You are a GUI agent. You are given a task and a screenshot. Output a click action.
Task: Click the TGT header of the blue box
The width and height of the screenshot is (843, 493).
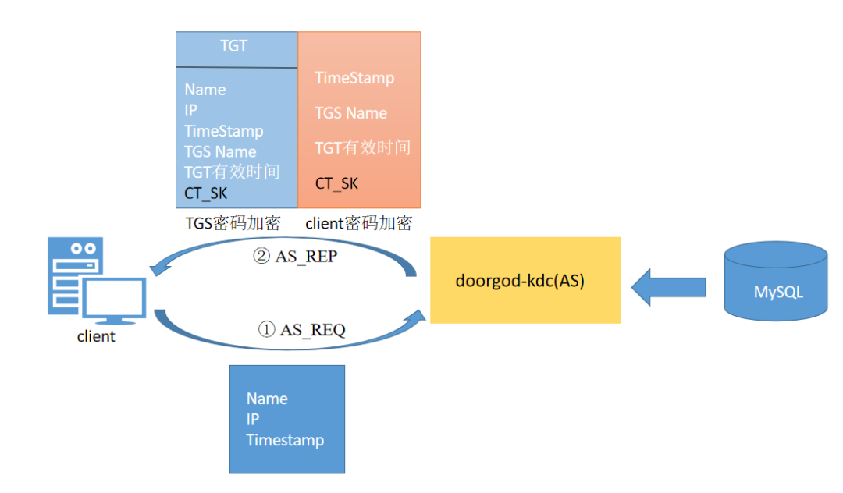click(234, 46)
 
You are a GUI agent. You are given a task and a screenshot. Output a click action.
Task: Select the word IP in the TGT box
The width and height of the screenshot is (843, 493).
click(191, 110)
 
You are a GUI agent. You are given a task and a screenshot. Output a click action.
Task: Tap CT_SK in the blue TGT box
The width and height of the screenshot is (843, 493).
click(206, 193)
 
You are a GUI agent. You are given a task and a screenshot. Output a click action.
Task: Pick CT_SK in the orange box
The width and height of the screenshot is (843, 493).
click(336, 183)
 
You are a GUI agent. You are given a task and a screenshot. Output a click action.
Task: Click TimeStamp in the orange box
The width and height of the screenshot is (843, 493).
click(355, 78)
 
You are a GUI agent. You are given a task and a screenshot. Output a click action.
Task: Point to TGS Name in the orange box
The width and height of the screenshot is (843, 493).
click(351, 113)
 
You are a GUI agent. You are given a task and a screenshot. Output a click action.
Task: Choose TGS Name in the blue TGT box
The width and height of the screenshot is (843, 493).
click(220, 152)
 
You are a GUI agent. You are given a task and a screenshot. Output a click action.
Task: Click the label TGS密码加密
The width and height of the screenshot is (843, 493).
click(233, 223)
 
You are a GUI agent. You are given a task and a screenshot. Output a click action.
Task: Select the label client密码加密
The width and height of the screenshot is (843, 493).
click(358, 223)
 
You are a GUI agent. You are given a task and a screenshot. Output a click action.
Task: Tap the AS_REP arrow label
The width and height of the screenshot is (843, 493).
click(295, 256)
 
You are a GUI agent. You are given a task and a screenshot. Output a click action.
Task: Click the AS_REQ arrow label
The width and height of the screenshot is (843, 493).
click(301, 329)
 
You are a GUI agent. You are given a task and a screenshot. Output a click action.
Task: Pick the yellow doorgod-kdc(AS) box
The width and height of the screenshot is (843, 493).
click(525, 280)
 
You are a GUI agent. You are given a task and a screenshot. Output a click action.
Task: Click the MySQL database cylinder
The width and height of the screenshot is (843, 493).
click(776, 281)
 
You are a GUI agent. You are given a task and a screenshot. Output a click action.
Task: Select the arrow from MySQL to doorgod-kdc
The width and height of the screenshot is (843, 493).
click(669, 287)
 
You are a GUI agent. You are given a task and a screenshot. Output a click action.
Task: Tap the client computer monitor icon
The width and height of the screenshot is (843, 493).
click(114, 300)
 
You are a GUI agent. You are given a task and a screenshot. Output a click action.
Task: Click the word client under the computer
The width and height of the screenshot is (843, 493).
click(96, 337)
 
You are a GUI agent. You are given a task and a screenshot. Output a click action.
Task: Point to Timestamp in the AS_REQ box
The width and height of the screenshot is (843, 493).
click(286, 441)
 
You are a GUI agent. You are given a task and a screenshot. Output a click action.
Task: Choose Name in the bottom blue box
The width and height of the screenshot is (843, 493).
click(267, 399)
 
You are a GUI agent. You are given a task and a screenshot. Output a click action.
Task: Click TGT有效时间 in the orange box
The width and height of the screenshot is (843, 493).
click(363, 147)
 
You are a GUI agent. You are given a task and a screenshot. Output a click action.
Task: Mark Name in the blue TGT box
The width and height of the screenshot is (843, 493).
click(205, 90)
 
